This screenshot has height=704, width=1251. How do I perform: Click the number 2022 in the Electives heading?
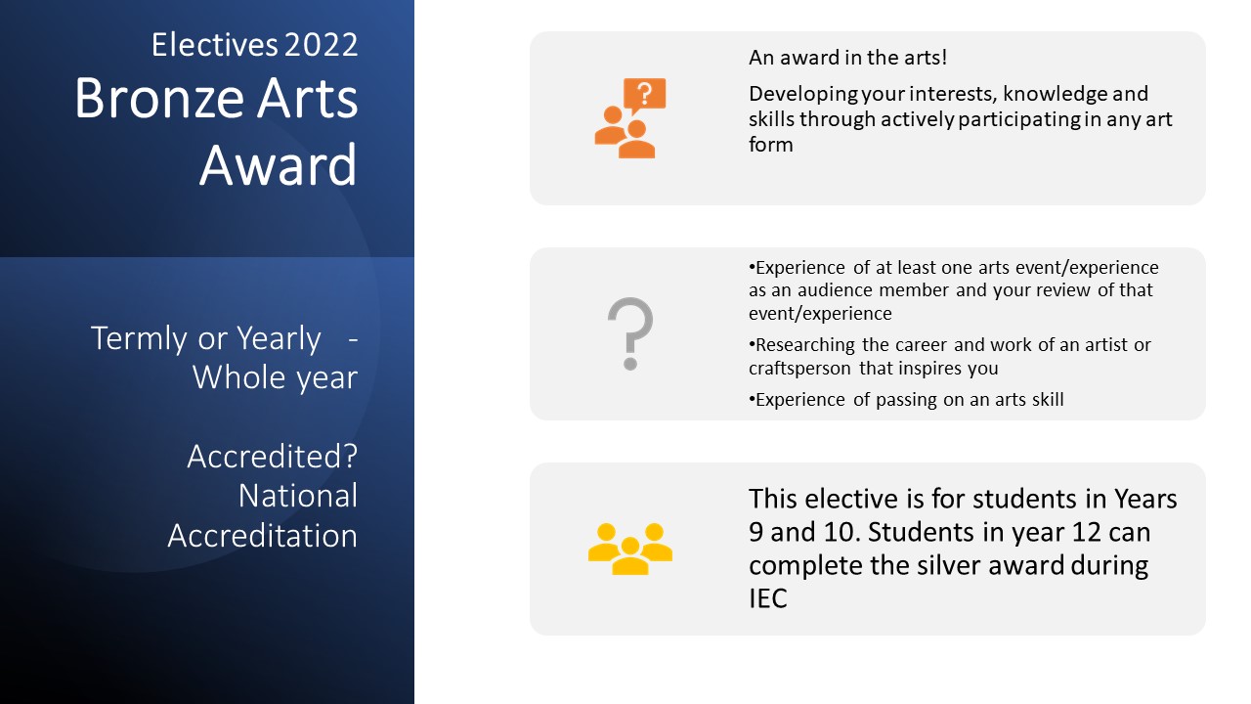pyautogui.click(x=322, y=45)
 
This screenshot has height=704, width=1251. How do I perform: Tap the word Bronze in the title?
pyautogui.click(x=159, y=99)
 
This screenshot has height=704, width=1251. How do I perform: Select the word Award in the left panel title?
pyautogui.click(x=279, y=165)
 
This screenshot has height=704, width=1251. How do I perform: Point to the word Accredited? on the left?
pyautogui.click(x=273, y=457)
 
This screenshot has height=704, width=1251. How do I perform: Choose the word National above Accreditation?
pyautogui.click(x=298, y=496)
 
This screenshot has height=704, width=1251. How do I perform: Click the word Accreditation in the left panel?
pyautogui.click(x=263, y=536)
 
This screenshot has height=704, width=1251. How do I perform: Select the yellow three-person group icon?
pyautogui.click(x=630, y=549)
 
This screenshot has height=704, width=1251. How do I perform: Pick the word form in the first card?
pyautogui.click(x=771, y=145)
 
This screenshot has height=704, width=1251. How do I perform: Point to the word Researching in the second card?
pyautogui.click(x=804, y=346)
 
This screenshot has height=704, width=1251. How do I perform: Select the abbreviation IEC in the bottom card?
pyautogui.click(x=768, y=598)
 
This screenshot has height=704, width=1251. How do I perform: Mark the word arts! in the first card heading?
pyautogui.click(x=926, y=58)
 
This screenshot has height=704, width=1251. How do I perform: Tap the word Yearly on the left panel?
pyautogui.click(x=279, y=338)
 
